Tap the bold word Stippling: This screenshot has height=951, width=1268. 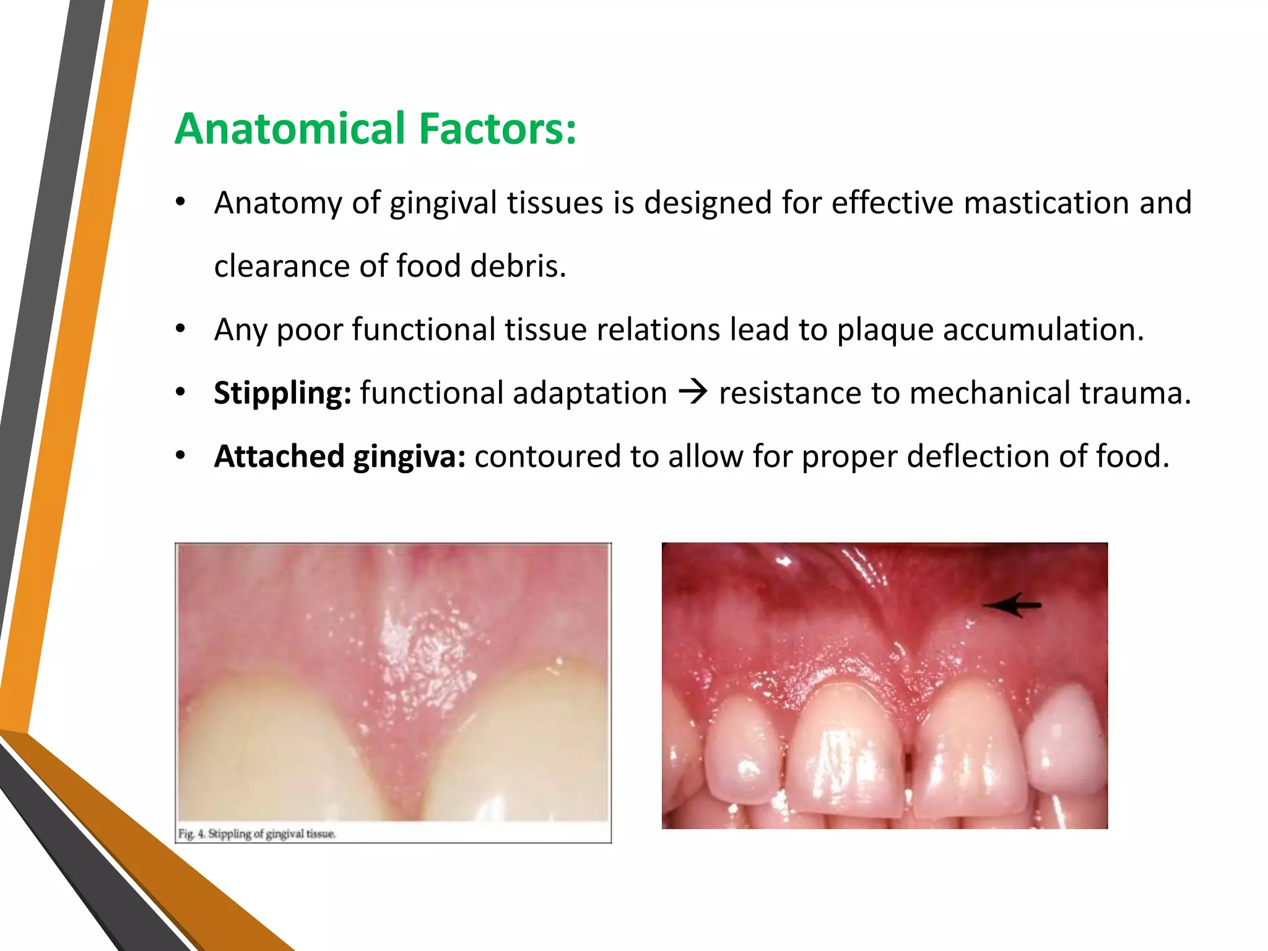[282, 393]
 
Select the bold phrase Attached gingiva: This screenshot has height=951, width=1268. [339, 456]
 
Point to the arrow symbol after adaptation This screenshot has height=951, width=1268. [693, 393]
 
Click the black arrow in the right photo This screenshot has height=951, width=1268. [1013, 605]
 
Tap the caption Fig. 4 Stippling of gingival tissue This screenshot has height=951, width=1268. [257, 834]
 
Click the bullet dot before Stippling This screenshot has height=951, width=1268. [180, 393]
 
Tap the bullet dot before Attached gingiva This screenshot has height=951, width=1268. [180, 456]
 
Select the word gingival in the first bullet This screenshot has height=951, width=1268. [443, 203]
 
